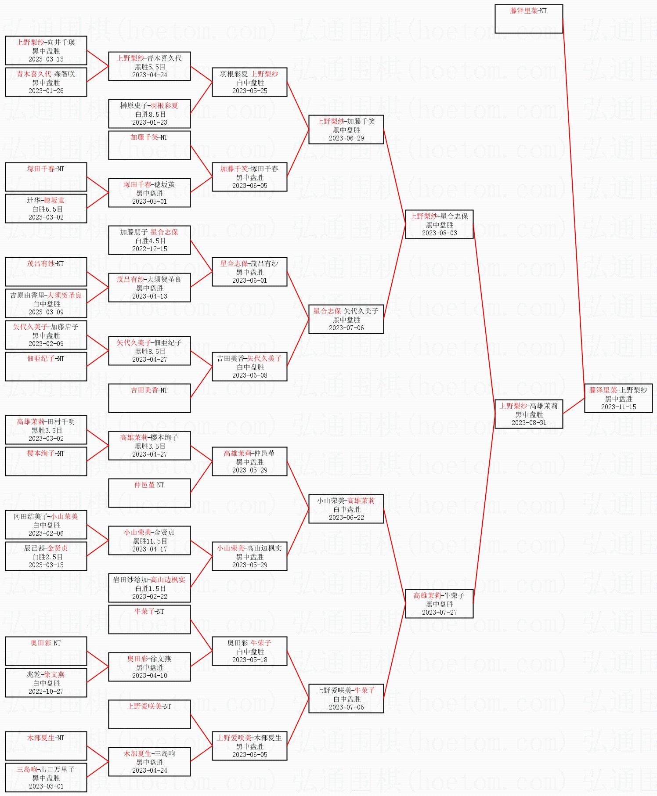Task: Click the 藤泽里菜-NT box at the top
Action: point(528,18)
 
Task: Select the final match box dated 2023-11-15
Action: point(618,398)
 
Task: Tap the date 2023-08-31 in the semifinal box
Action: point(529,423)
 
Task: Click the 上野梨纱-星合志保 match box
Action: point(439,224)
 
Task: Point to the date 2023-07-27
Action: point(439,612)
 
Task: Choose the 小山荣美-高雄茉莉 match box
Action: point(346,509)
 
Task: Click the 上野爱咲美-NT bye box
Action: point(149,714)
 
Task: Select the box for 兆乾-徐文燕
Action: point(46,682)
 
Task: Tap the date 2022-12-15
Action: point(149,249)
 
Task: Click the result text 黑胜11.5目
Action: point(149,541)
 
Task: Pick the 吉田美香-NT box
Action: point(149,398)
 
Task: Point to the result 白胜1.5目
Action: point(149,588)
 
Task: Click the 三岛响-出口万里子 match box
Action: point(46,777)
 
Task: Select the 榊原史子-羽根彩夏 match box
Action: point(149,114)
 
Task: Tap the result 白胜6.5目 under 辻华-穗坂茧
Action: point(46,209)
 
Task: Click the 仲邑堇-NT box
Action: point(149,493)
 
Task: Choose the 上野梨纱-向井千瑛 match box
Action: point(46,50)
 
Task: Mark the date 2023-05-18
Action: point(249,660)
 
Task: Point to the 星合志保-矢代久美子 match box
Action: point(346,319)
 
